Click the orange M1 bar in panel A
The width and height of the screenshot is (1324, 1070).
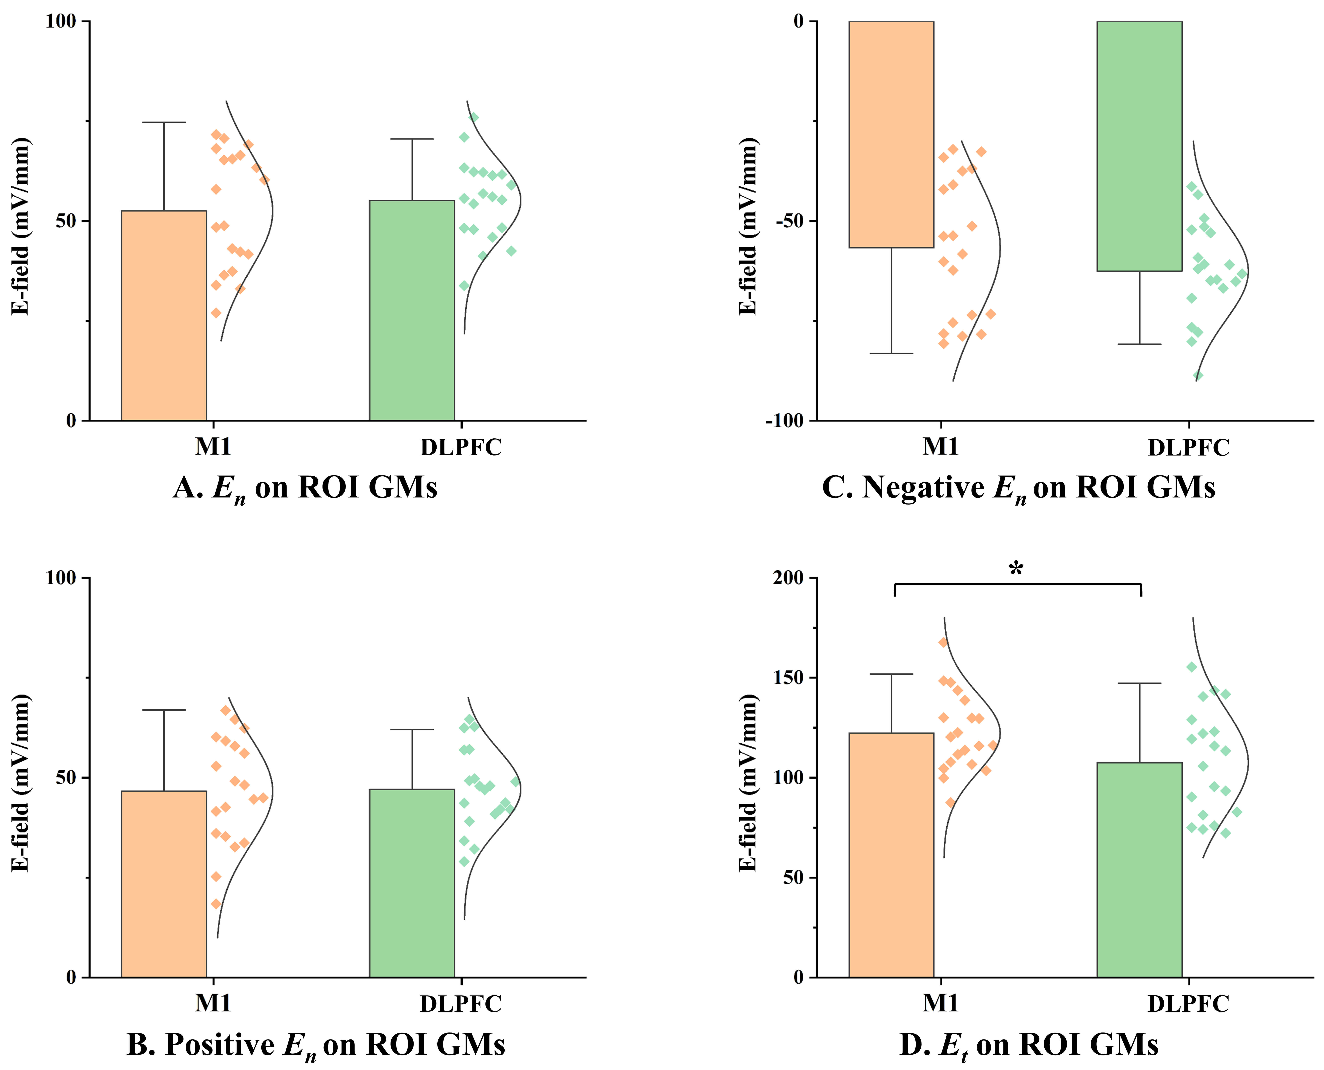pos(164,316)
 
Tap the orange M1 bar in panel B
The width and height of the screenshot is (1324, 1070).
pos(164,884)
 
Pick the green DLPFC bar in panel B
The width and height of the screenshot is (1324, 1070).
pos(412,883)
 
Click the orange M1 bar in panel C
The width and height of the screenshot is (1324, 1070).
pos(891,134)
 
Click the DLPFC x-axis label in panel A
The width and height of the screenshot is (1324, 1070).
pos(461,447)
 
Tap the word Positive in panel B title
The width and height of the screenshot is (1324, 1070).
pos(219,1045)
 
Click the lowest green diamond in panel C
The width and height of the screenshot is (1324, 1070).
pos(1198,375)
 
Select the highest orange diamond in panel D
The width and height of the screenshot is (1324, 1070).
pos(943,642)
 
